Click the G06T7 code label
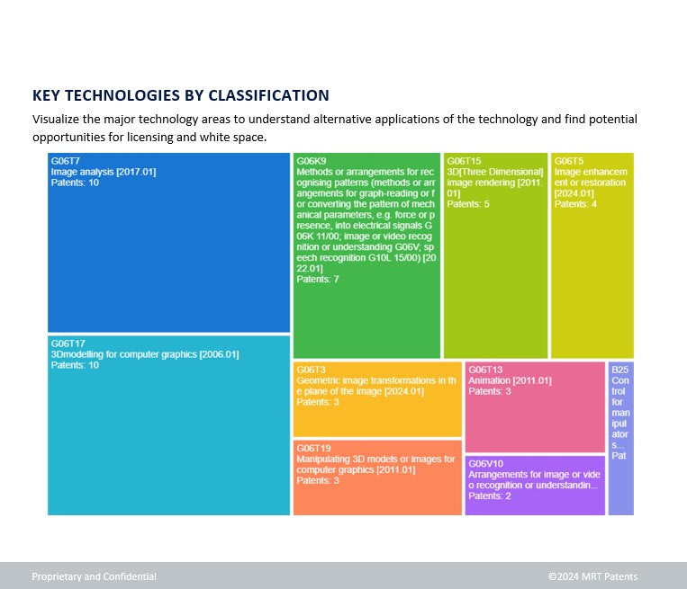point(66,161)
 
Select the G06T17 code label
point(68,344)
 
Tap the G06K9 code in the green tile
point(312,161)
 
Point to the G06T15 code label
point(464,161)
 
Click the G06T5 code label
point(569,161)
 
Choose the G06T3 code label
point(312,370)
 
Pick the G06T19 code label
point(314,448)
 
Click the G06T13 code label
point(485,370)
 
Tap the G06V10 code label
point(486,463)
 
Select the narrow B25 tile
point(620,438)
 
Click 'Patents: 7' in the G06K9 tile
point(317,280)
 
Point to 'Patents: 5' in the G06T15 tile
point(468,204)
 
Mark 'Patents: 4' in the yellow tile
point(575,204)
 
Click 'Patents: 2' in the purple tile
point(489,496)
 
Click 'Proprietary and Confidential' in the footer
point(94,576)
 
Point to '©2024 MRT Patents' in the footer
point(592,576)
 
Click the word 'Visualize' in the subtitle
point(56,119)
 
